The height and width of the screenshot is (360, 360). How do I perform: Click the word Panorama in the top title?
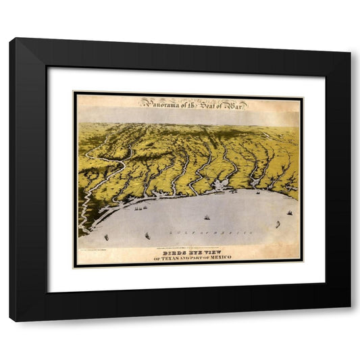click(159, 103)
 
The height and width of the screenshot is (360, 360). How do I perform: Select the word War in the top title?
click(236, 103)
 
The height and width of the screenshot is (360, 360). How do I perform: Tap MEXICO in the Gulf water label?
click(237, 232)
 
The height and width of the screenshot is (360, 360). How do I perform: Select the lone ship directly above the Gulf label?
click(206, 217)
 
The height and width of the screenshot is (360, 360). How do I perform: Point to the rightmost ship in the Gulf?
click(290, 213)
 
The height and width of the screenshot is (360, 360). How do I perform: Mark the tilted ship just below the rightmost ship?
click(277, 224)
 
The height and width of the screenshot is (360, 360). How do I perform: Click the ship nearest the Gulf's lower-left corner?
click(107, 237)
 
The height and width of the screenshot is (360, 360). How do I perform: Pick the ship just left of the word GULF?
click(147, 236)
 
